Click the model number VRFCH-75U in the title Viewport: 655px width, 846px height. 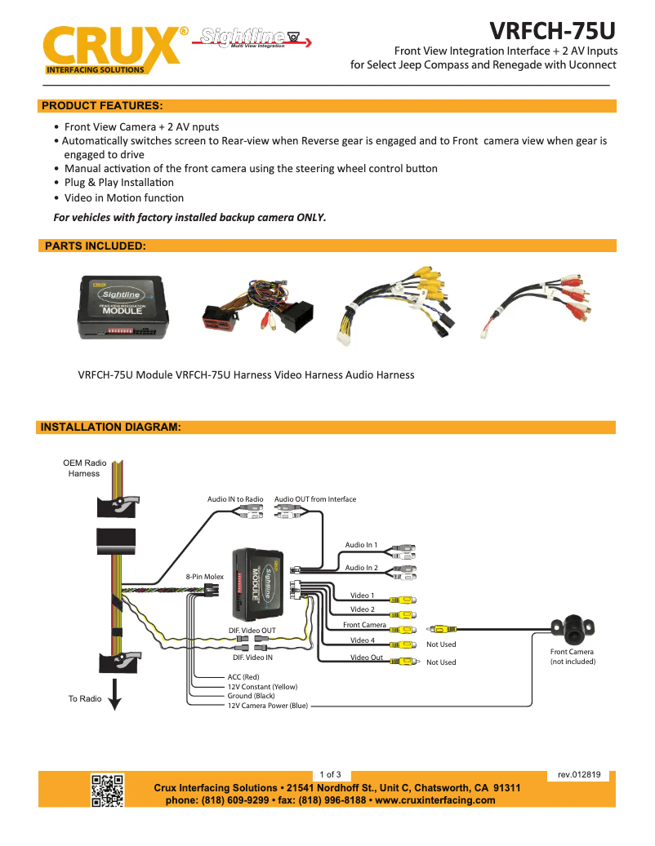pyautogui.click(x=553, y=30)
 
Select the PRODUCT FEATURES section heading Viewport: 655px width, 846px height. pyautogui.click(x=102, y=106)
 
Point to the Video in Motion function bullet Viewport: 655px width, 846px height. pyautogui.click(x=123, y=197)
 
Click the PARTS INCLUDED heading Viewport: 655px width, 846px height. pyautogui.click(x=95, y=246)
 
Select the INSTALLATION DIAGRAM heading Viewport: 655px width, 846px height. pyautogui.click(x=110, y=427)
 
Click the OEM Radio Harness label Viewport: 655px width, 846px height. pyautogui.click(x=85, y=468)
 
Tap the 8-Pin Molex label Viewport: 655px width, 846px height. pyautogui.click(x=204, y=577)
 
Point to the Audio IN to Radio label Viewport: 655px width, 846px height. pyautogui.click(x=235, y=499)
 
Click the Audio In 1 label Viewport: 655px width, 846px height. pyautogui.click(x=361, y=545)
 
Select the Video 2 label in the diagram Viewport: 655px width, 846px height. pyautogui.click(x=362, y=609)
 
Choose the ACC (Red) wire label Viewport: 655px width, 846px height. pyautogui.click(x=243, y=677)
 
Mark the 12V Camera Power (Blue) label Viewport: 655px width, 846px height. pyautogui.click(x=267, y=706)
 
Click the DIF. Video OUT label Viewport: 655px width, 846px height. pyautogui.click(x=252, y=631)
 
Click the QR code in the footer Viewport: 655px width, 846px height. pyautogui.click(x=107, y=790)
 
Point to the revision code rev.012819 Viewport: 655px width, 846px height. pyautogui.click(x=579, y=774)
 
